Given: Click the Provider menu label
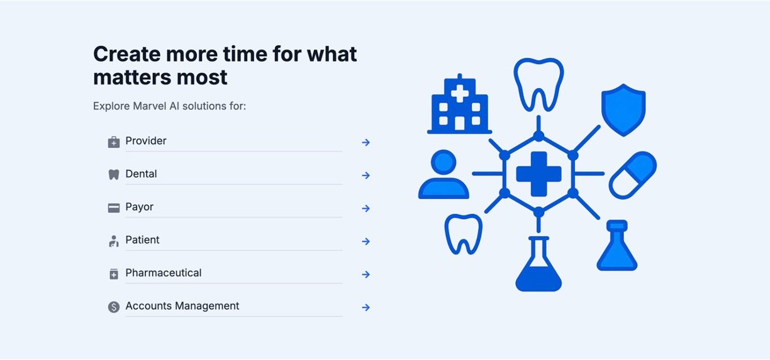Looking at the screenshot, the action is [x=146, y=140].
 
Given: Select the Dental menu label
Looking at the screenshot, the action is [x=141, y=174].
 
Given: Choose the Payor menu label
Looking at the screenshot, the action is [x=139, y=207].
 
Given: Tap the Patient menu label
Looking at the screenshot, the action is [x=142, y=240].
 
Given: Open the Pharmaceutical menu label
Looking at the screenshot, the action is [x=164, y=273].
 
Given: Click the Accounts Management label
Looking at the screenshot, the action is [x=182, y=306].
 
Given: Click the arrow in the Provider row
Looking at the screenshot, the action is [x=365, y=142].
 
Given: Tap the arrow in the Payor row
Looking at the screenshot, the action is [x=365, y=208].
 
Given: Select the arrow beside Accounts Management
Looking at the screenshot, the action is [x=365, y=307].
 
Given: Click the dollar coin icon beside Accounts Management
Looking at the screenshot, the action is [x=114, y=307].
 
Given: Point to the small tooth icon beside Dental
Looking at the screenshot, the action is [x=114, y=175].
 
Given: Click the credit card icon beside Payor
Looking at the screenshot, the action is [x=114, y=208].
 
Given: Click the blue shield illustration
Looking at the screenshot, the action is [x=623, y=110].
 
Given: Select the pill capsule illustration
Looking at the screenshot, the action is [x=632, y=176].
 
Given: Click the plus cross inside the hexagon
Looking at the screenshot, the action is [x=538, y=174].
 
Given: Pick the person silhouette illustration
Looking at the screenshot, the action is [x=444, y=174].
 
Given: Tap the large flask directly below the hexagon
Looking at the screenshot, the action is [x=538, y=264].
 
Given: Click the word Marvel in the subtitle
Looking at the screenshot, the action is [x=150, y=106].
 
